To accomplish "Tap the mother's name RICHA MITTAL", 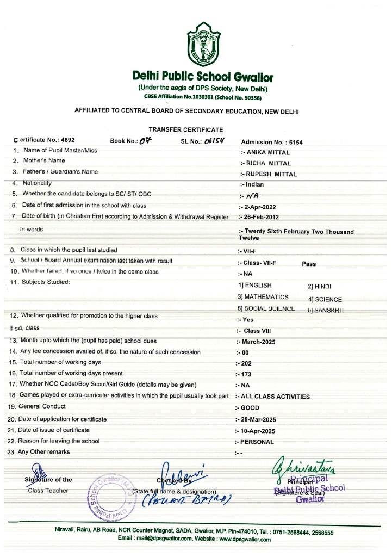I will (269, 163).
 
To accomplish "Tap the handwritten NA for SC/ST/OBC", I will (253, 195).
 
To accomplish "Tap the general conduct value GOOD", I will (250, 407).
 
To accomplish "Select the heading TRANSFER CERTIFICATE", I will (185, 129).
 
